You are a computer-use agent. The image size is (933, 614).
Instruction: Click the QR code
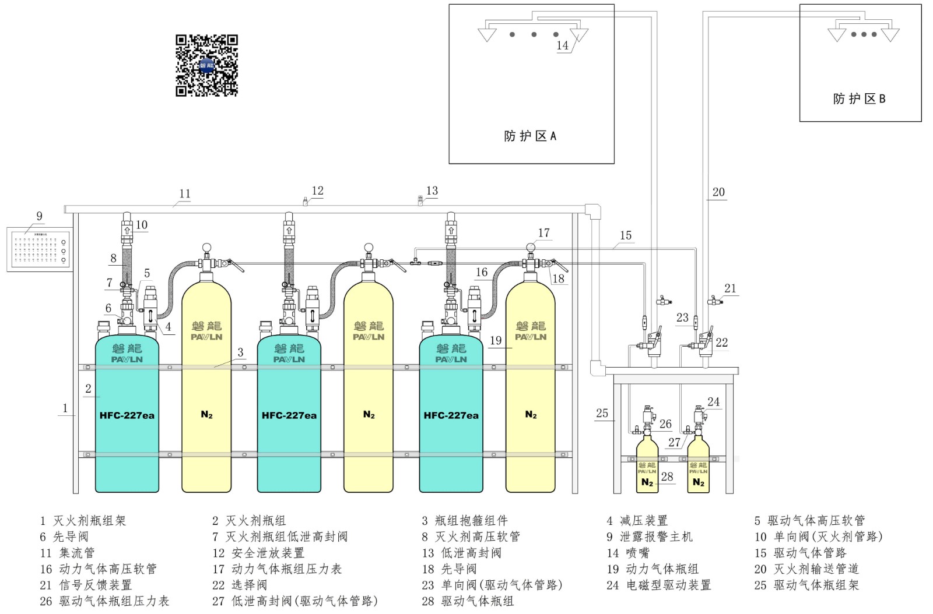click(x=206, y=65)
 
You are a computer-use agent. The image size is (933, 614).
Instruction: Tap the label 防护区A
click(x=529, y=136)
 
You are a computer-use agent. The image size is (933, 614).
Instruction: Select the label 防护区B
click(x=859, y=99)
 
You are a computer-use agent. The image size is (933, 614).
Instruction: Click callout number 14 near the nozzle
click(x=562, y=45)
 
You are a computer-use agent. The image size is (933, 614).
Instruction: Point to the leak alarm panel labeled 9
click(x=40, y=249)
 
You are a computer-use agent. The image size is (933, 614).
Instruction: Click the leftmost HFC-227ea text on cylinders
click(x=127, y=415)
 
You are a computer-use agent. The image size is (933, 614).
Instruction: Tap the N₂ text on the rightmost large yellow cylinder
click(x=530, y=415)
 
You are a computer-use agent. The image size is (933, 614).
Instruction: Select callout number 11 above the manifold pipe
click(x=184, y=194)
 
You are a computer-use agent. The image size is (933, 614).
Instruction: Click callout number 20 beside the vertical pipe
click(x=718, y=192)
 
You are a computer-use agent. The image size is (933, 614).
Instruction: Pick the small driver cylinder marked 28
click(x=647, y=469)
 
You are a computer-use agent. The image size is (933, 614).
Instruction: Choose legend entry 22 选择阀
click(x=239, y=585)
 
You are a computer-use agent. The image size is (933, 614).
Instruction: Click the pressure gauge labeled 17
click(x=530, y=248)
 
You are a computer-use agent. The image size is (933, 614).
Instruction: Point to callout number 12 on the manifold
click(x=317, y=191)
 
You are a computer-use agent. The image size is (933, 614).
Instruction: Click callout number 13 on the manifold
click(x=432, y=191)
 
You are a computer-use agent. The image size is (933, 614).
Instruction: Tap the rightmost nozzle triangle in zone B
click(x=890, y=35)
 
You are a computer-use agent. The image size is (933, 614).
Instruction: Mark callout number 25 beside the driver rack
click(x=602, y=414)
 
